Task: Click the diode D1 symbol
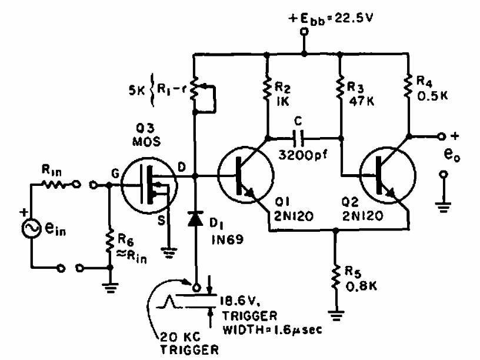click(x=194, y=222)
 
